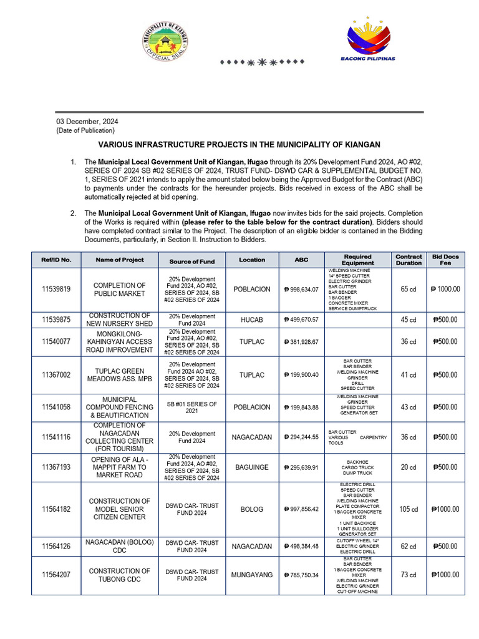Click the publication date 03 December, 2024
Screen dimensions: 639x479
coord(87,122)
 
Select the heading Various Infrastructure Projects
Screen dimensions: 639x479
coord(239,144)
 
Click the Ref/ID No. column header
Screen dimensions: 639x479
coord(57,260)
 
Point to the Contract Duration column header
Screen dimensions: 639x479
coord(409,260)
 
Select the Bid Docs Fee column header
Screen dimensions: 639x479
coord(445,260)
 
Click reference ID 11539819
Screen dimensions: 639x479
coord(57,290)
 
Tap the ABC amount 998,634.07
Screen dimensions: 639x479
coord(301,290)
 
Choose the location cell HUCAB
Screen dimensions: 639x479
coord(252,319)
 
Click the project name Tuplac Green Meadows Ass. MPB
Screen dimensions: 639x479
coord(119,375)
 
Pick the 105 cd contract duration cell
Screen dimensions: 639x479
coord(409,509)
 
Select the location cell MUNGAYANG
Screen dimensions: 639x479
coord(252,575)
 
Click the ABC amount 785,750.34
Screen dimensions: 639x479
coord(301,575)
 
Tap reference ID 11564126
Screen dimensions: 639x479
coord(57,547)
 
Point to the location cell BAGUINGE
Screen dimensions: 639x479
coord(252,467)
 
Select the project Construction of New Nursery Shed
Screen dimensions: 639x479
coord(119,319)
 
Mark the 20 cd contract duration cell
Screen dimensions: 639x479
coord(409,467)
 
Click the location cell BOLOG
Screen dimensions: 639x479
coord(252,509)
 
